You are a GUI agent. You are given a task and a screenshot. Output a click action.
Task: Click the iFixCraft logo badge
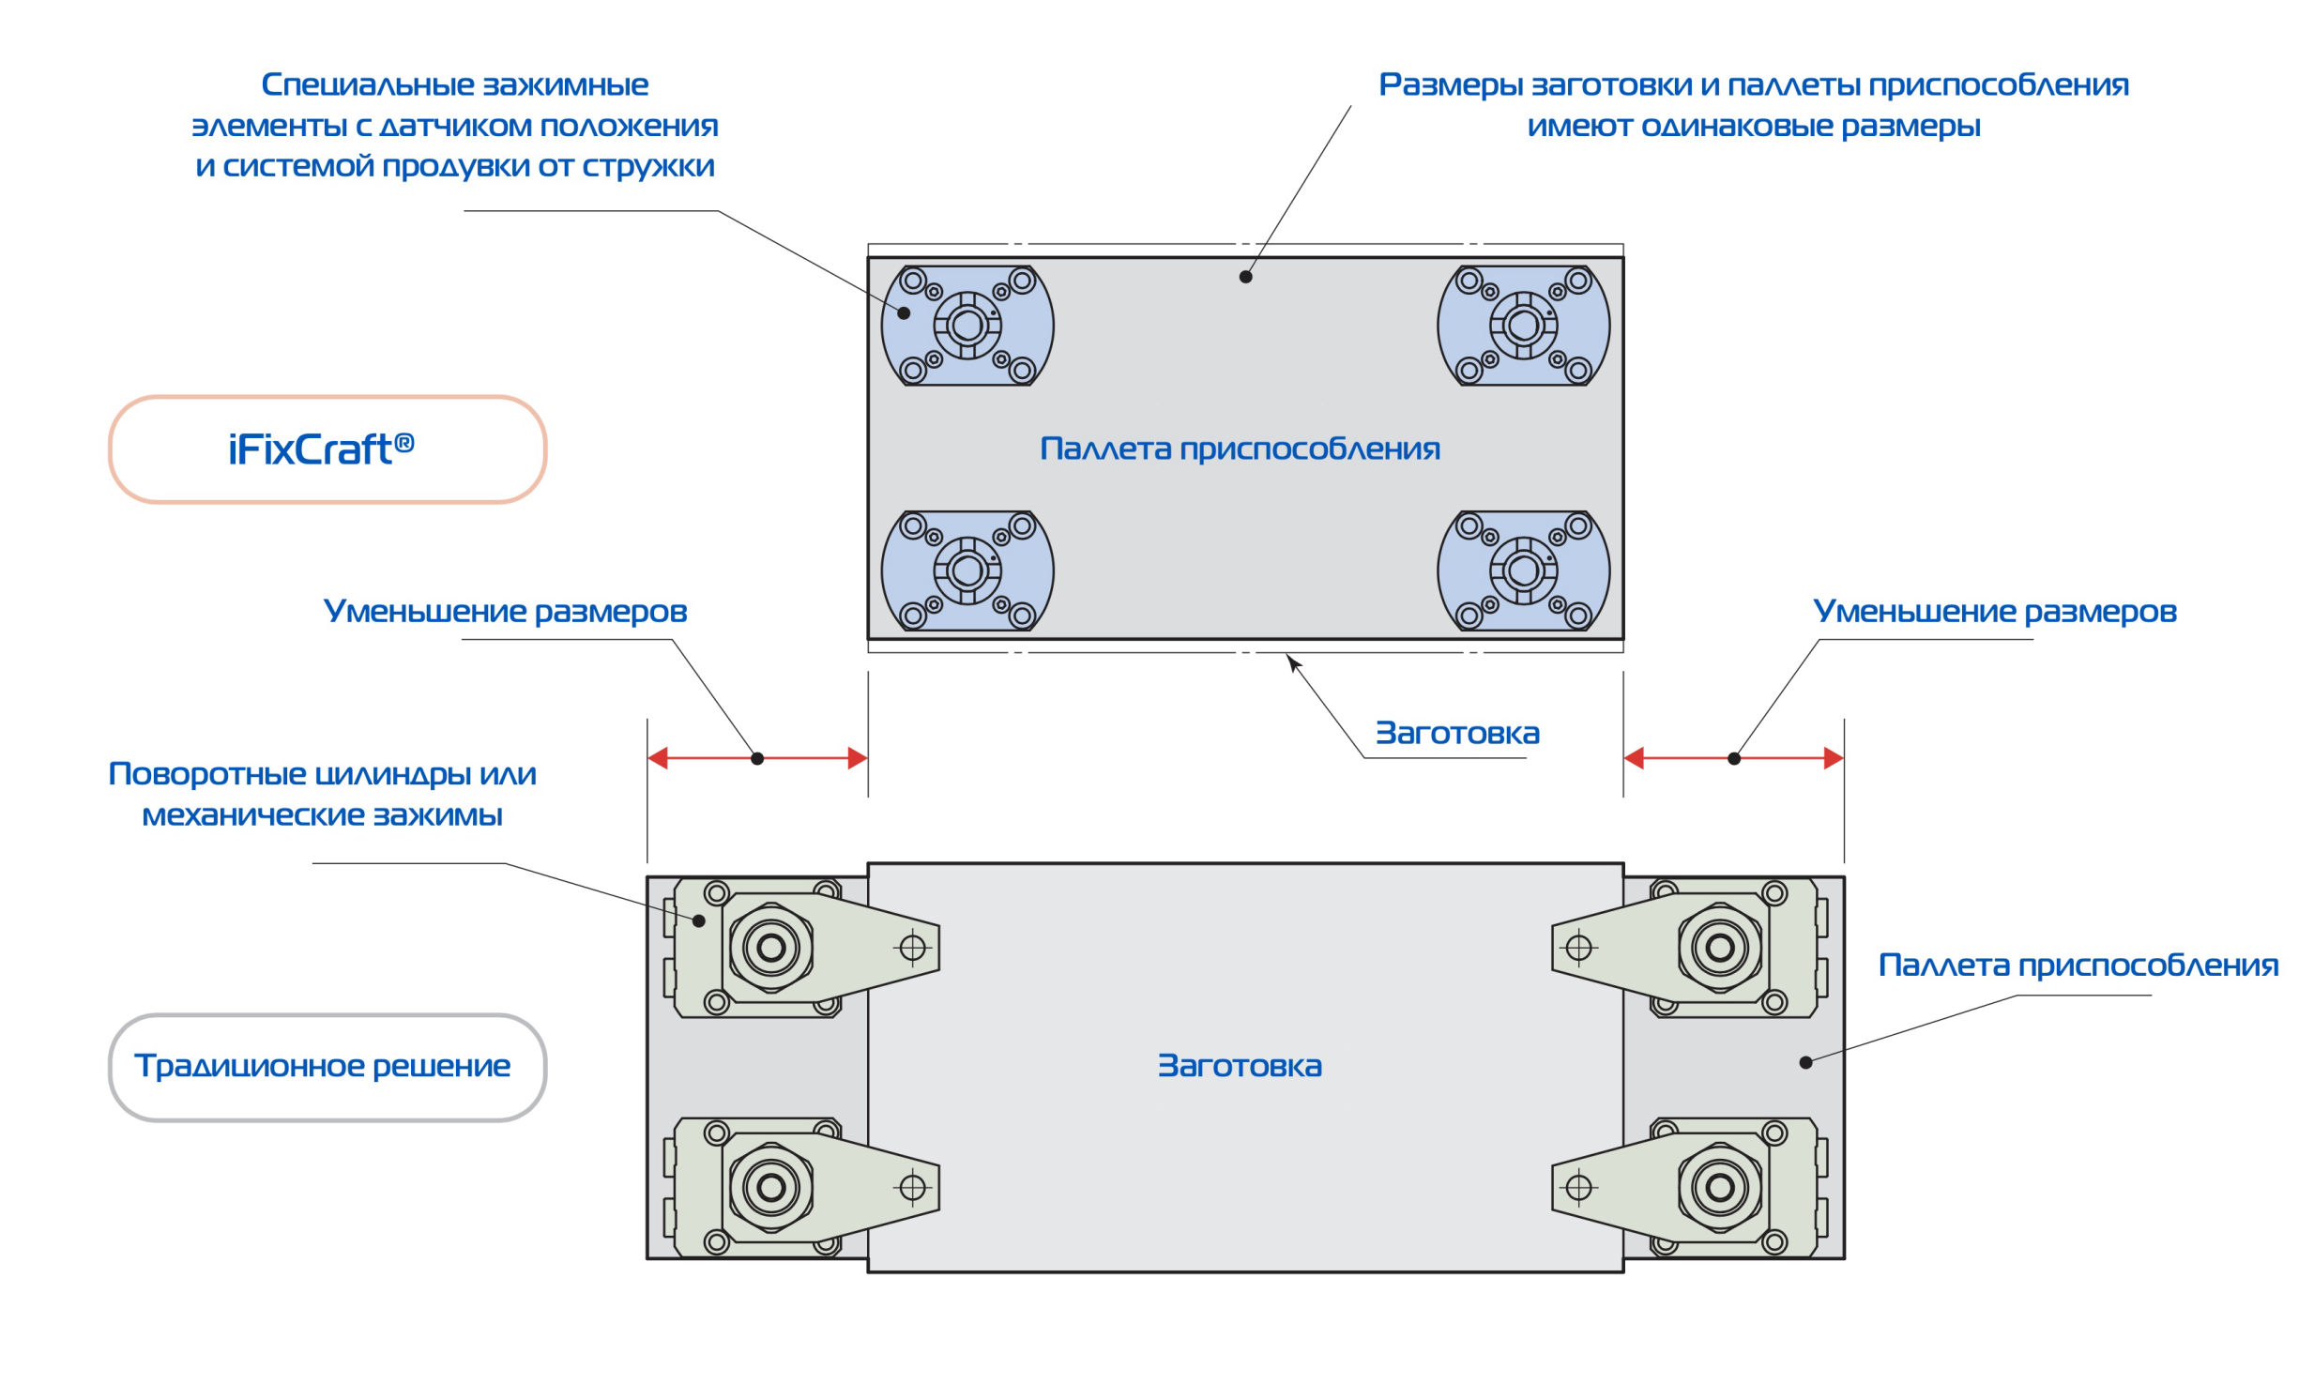327,449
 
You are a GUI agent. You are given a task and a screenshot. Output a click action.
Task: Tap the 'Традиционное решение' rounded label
327,1067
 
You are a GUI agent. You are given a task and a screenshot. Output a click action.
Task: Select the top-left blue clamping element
967,326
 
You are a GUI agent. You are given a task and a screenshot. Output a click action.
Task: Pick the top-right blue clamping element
1523,326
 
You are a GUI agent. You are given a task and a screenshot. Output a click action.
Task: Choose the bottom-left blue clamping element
967,570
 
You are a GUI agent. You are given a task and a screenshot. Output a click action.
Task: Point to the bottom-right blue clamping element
1523,570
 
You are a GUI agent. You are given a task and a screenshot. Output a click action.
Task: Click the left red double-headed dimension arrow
757,758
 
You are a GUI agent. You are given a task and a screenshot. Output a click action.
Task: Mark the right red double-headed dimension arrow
1733,758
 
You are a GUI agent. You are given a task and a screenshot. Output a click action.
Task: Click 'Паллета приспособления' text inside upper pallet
1240,449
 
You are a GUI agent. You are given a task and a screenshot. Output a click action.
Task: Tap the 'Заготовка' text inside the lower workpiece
1240,1066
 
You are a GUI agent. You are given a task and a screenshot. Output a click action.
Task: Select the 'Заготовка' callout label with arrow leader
1457,734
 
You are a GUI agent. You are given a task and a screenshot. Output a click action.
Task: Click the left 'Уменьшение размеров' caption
505,611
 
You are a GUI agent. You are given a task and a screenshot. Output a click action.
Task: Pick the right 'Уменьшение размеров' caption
1995,611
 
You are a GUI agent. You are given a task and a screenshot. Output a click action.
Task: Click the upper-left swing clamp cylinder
772,949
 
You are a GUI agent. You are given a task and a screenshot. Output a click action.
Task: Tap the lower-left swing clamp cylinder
772,1188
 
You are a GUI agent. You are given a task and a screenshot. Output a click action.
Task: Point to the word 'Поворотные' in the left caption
206,775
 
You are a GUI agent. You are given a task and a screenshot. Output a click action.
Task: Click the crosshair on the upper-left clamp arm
913,949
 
